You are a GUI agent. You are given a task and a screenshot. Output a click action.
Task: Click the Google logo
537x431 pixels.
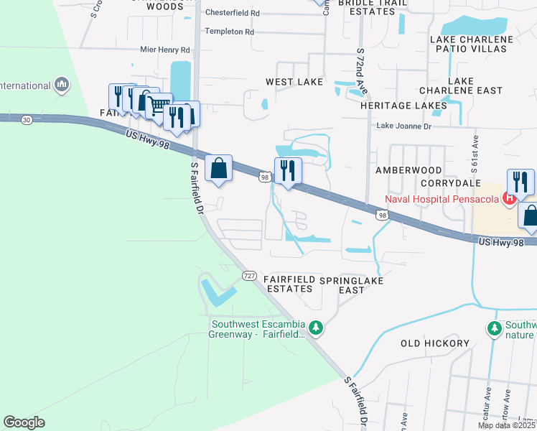24,422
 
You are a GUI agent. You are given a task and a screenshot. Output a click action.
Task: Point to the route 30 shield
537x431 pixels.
27,119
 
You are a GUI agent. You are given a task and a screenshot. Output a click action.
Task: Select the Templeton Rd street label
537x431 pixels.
230,32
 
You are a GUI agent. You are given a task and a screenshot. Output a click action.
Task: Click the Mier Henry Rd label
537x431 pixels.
165,50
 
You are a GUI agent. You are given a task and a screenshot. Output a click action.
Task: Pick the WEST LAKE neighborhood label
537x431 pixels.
294,82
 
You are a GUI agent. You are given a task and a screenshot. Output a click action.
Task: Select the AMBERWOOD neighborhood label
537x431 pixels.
408,171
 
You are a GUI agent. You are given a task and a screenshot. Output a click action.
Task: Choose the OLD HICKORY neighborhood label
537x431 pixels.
434,343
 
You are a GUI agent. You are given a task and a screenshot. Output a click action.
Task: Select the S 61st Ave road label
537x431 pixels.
475,148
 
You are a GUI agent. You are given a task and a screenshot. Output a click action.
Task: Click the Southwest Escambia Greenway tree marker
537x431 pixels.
317,328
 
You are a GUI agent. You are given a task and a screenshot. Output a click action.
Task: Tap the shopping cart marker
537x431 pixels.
159,105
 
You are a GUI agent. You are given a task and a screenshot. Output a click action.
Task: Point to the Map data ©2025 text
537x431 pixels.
506,425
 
